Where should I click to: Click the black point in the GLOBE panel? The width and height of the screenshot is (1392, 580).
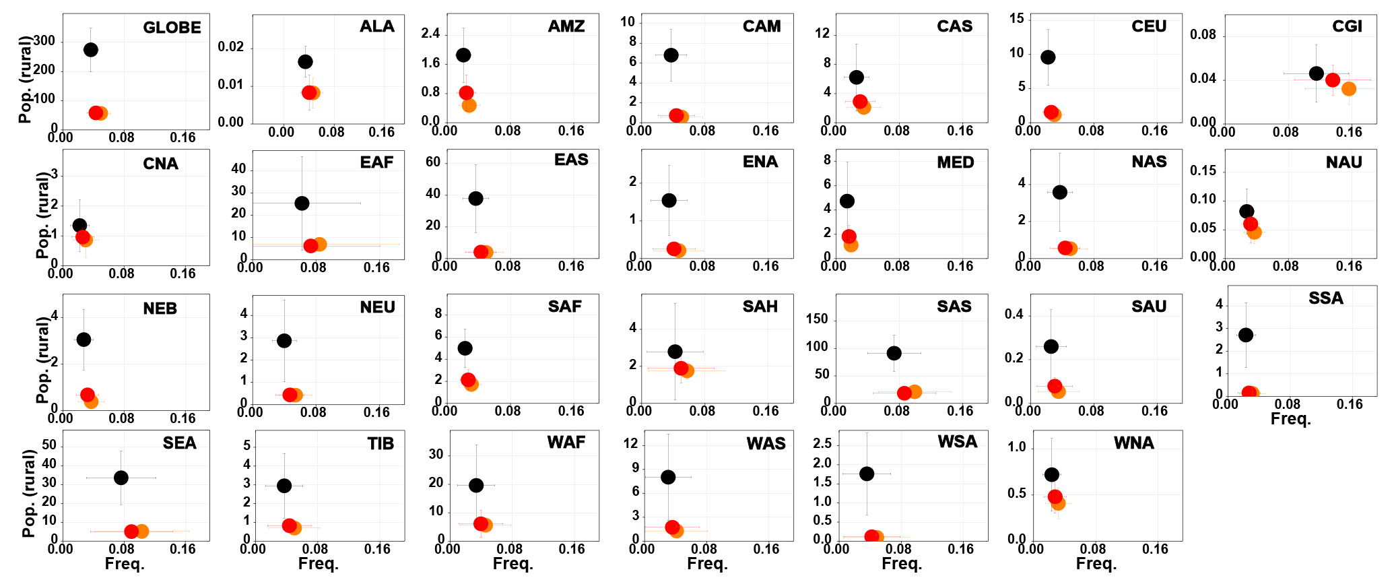(x=91, y=50)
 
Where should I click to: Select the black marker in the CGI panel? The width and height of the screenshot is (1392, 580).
(x=1317, y=73)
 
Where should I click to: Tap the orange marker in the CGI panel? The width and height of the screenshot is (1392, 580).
(x=1348, y=88)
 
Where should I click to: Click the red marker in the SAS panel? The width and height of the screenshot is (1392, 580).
(x=904, y=393)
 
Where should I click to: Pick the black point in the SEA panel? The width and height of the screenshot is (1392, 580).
(x=121, y=478)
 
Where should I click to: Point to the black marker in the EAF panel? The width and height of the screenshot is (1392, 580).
(x=302, y=203)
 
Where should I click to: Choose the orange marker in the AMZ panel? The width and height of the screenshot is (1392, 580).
(x=469, y=105)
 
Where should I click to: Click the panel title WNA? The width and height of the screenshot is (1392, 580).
(x=1134, y=443)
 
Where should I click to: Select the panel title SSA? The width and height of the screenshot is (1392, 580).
(x=1326, y=298)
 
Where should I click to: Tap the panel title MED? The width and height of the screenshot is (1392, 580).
(x=956, y=162)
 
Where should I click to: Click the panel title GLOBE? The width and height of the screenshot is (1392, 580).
(x=172, y=28)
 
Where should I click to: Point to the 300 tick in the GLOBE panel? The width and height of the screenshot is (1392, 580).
(x=44, y=41)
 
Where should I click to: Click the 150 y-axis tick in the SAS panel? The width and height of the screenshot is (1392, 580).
(x=817, y=319)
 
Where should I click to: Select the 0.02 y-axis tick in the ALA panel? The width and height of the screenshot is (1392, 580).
(x=230, y=46)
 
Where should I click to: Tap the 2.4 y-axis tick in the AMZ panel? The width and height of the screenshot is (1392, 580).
(x=430, y=34)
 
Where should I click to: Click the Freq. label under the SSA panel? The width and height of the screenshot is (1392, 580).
(x=1290, y=419)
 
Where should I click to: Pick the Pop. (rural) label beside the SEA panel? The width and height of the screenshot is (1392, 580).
(x=28, y=494)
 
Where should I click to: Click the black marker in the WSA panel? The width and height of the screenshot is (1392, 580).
(x=867, y=474)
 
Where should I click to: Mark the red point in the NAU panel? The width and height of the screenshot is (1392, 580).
(x=1251, y=224)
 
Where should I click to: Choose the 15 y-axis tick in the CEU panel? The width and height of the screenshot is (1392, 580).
(x=1016, y=19)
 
